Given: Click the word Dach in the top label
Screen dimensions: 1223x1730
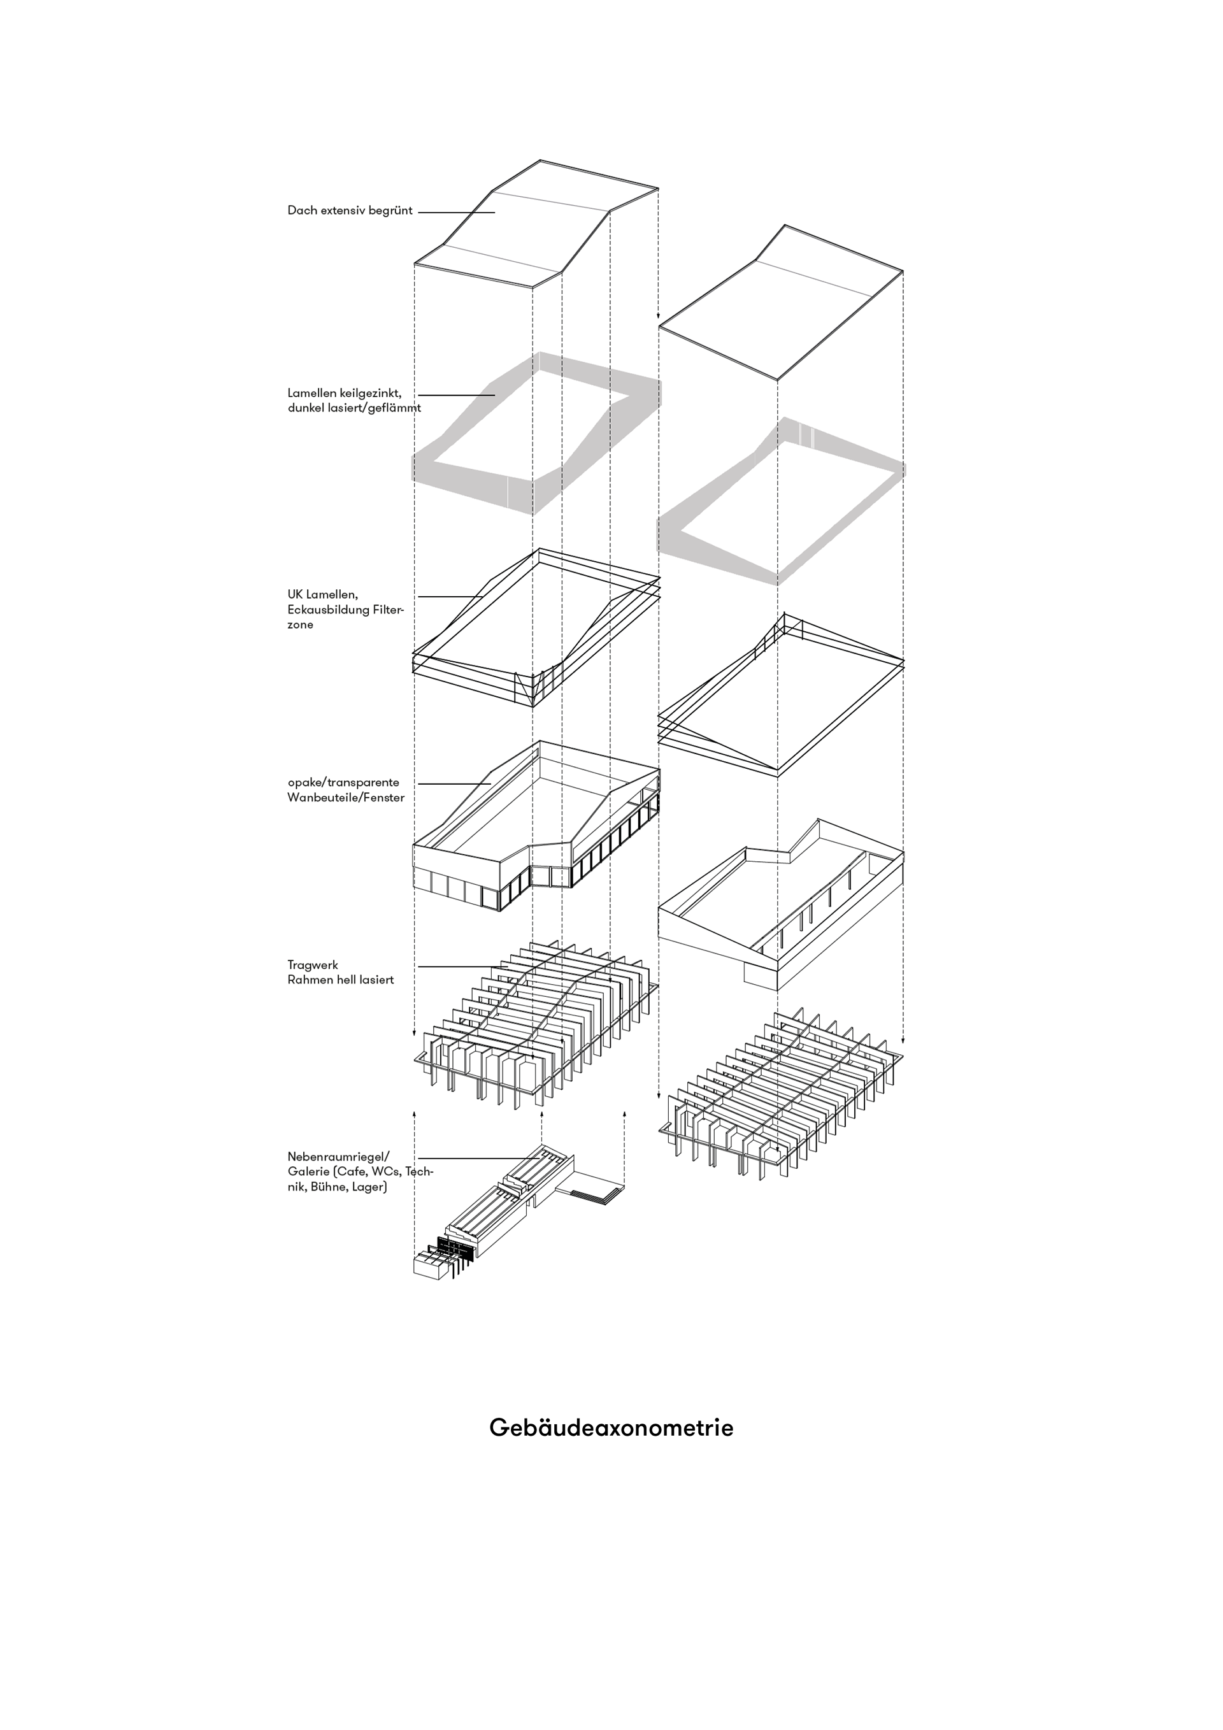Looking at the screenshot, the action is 301,210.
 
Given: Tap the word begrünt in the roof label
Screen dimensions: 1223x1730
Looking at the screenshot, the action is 390,210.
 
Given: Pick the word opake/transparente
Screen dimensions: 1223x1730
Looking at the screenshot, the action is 343,782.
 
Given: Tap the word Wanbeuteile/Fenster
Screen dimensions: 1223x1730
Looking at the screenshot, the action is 346,797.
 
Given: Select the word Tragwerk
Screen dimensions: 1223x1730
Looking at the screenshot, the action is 313,965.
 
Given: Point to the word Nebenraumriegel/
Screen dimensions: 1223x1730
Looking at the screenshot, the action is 338,1157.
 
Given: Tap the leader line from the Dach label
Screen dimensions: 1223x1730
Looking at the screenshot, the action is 456,213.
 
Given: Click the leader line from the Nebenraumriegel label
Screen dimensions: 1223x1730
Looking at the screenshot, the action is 478,1158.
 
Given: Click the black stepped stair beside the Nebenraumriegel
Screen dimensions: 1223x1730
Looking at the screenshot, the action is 596,1193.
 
